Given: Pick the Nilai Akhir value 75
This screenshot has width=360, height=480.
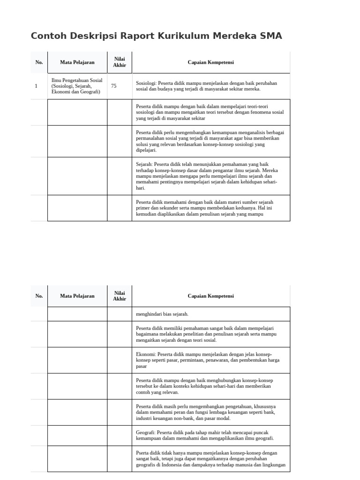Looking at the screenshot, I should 114,86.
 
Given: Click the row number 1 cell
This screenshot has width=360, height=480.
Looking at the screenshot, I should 36,86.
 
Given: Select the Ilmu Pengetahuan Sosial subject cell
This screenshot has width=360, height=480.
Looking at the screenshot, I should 77,86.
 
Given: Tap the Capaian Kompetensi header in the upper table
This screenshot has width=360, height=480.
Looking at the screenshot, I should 210,62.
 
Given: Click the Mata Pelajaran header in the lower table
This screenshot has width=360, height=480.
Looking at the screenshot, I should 77,296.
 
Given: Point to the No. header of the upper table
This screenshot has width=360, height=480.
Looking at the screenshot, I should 39,62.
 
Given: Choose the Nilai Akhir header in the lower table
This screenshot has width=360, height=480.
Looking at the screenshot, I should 120,296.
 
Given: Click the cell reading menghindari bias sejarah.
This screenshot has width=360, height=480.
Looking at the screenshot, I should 162,314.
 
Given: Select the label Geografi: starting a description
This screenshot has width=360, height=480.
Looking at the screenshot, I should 146,432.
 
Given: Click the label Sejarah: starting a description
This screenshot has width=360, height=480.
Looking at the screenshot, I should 144,165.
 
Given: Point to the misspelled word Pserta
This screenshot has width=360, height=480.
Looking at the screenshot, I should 143,453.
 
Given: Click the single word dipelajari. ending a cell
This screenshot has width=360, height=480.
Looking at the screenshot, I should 146,150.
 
